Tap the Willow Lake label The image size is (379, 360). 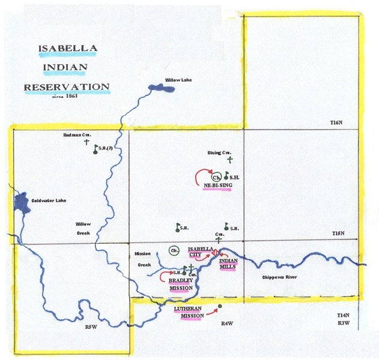178,80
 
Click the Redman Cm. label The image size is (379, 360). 76,136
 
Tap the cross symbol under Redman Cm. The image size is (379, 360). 86,144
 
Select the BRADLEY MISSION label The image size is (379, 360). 180,284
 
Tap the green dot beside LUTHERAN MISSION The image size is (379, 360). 220,307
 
